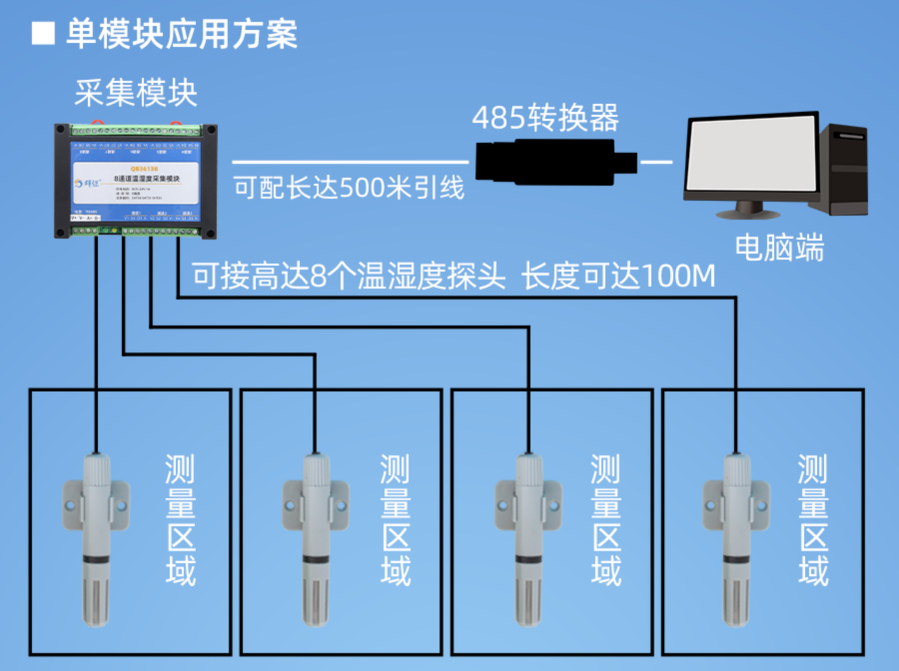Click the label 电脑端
pos(779,247)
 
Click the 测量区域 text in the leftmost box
pos(179,519)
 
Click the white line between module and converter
pos(350,161)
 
